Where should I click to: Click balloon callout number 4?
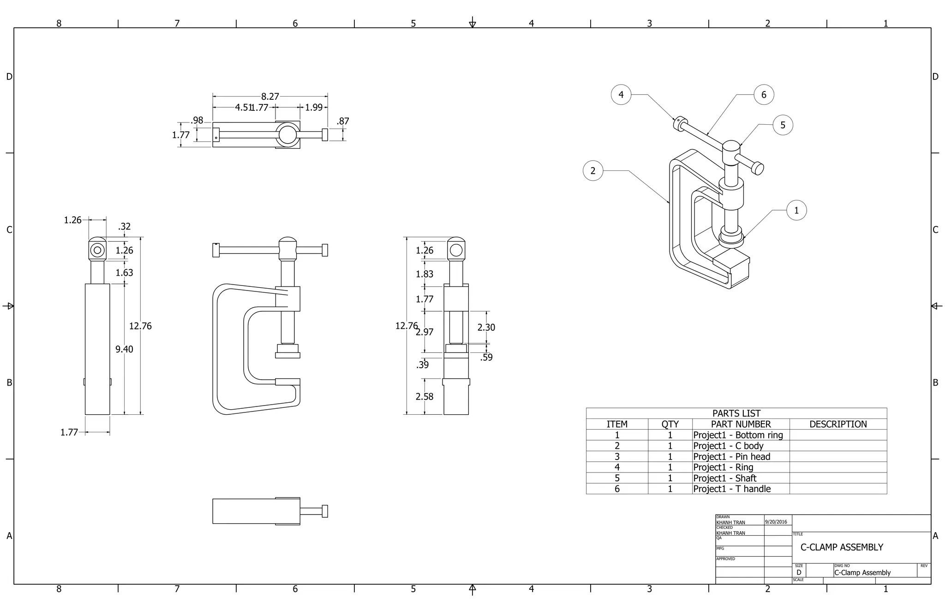(621, 95)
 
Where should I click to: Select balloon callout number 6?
(764, 95)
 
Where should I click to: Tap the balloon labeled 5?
(783, 125)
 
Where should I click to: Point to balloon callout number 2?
(593, 171)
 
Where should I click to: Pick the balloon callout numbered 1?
(796, 211)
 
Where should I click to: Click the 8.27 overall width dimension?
(270, 97)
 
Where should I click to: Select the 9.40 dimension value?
(124, 349)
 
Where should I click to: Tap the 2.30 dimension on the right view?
(486, 327)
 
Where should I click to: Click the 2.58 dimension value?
(424, 397)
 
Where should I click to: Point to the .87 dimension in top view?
(343, 121)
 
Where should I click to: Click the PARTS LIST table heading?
(736, 413)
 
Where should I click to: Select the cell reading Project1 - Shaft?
(724, 479)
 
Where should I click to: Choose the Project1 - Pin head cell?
(731, 457)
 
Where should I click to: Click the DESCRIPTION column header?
(838, 424)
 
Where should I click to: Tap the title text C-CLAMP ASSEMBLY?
(842, 547)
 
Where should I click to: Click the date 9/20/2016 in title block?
(776, 522)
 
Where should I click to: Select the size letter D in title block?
(799, 573)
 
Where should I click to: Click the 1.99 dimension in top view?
(314, 108)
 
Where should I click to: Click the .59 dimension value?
(486, 358)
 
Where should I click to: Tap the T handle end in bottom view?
(325, 511)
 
